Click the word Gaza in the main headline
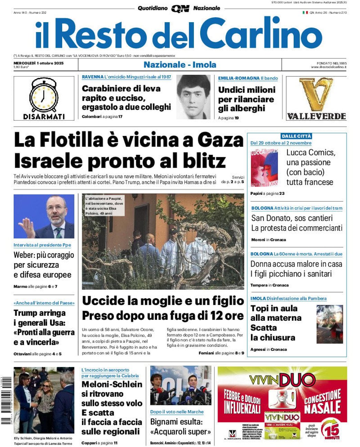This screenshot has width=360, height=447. [220, 140]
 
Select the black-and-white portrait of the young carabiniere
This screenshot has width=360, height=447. [193, 97]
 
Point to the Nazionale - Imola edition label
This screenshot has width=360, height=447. [180, 64]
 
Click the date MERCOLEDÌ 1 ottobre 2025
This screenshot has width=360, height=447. [39, 63]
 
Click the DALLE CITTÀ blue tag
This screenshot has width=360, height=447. [296, 136]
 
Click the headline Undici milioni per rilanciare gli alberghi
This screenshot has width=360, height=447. [247, 99]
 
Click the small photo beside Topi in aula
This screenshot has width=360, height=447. [330, 324]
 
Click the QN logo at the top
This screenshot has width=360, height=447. [180, 9]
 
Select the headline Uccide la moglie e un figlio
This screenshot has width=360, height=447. [163, 301]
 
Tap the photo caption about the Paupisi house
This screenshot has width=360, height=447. [103, 206]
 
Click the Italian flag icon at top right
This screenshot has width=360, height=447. [305, 13]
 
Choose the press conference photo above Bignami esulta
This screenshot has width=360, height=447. [181, 385]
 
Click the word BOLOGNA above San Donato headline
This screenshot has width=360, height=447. [262, 208]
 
